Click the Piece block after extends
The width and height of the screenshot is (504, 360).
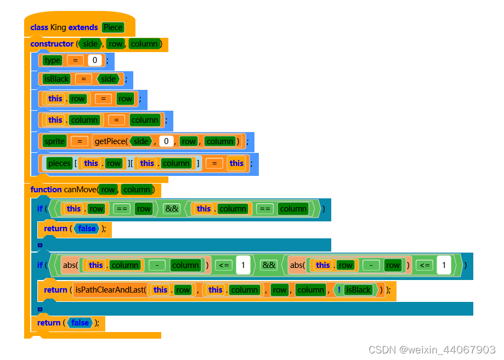tap(112, 27)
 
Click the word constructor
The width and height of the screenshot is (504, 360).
tap(52, 44)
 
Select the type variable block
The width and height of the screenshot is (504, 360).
tap(52, 60)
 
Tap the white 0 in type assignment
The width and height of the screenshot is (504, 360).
tap(95, 60)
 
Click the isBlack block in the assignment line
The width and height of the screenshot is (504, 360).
tap(56, 79)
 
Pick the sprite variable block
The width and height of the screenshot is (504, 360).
tap(54, 141)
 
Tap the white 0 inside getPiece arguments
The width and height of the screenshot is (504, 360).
tap(166, 141)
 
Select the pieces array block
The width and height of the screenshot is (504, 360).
tap(59, 163)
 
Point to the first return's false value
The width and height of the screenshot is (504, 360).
tap(87, 228)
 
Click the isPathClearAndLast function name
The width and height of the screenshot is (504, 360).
tap(110, 290)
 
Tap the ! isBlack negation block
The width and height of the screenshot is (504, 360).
tap(355, 290)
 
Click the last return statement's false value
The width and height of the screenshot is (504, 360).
tap(80, 323)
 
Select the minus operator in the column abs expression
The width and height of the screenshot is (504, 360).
tap(157, 265)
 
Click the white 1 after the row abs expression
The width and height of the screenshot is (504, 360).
tap(443, 265)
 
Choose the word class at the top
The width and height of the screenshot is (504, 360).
tap(39, 27)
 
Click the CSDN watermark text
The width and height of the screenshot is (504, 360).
tap(432, 350)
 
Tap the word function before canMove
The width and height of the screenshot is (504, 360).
tap(46, 190)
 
